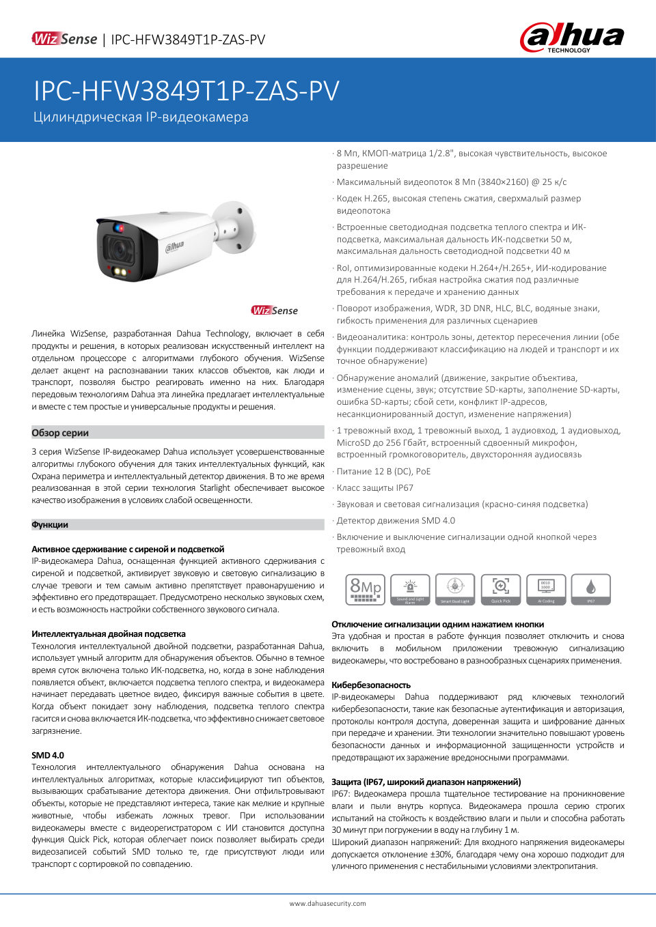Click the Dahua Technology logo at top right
click(572, 38)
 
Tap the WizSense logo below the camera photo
click(275, 311)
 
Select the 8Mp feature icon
click(366, 589)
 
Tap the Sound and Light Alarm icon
click(410, 589)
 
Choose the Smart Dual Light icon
click(455, 589)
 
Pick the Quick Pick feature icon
click(501, 589)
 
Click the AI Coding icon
click(546, 589)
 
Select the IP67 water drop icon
click(591, 589)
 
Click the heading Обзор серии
click(60, 433)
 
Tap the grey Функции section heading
click(50, 525)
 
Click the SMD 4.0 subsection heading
click(48, 755)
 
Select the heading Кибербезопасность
click(371, 685)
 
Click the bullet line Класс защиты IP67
click(374, 488)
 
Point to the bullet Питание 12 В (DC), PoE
click(383, 472)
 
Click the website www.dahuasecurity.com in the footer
click(327, 903)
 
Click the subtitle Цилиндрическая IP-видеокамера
click(141, 117)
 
